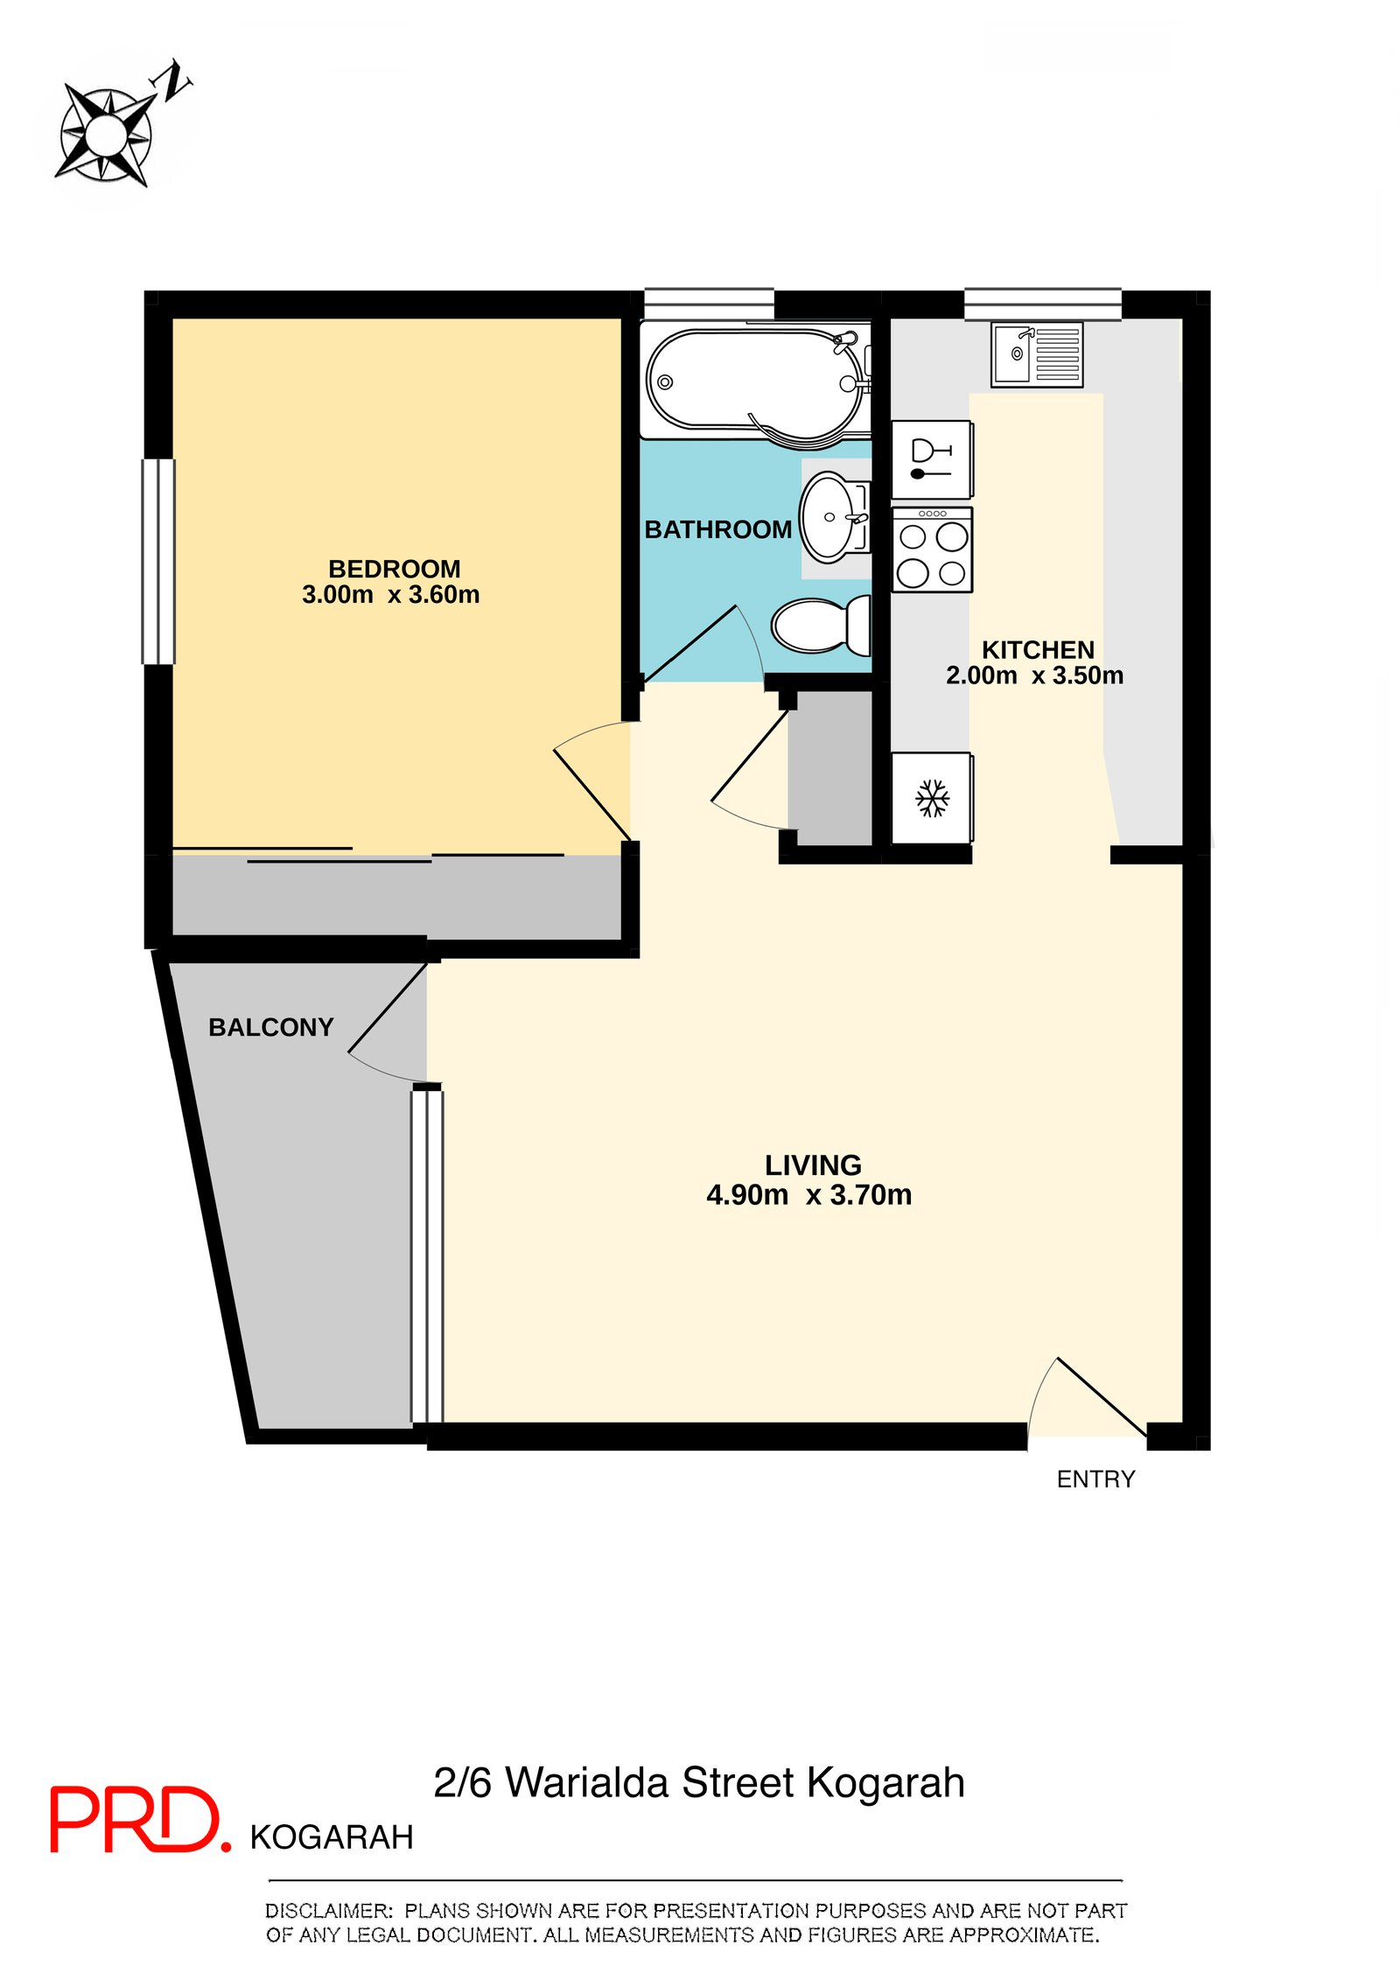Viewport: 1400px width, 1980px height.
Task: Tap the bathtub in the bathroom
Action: click(756, 381)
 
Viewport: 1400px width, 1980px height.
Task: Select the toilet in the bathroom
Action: click(821, 625)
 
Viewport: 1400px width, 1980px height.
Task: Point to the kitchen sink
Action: click(1037, 354)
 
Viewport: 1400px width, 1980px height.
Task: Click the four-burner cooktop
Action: click(932, 549)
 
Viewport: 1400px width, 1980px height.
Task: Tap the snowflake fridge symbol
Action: click(932, 798)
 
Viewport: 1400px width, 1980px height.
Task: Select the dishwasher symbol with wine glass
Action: click(932, 459)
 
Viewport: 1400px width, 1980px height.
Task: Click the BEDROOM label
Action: click(395, 569)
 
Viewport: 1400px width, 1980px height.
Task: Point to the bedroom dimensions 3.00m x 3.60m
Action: click(391, 595)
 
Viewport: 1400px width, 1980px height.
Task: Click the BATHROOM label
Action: click(718, 529)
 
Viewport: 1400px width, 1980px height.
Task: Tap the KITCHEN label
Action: click(1038, 650)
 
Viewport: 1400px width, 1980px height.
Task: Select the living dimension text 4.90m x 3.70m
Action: click(809, 1194)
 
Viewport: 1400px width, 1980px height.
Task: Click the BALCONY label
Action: click(271, 1027)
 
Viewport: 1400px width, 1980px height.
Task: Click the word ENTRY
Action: click(1095, 1480)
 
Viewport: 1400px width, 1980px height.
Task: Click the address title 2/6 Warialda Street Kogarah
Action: click(699, 1782)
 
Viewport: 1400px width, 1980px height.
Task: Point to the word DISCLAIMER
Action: click(329, 1911)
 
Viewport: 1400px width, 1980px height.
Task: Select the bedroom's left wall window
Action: click(159, 562)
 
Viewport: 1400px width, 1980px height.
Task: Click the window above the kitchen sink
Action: click(1043, 304)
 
